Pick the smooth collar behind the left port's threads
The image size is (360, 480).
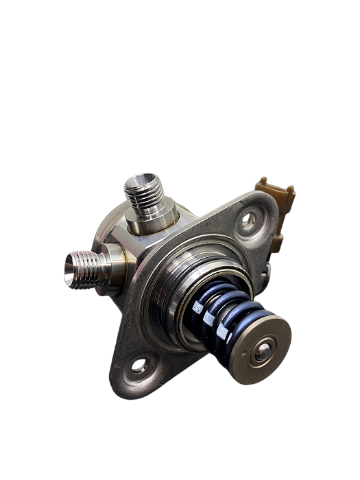114,261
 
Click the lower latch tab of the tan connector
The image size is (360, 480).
277,236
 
